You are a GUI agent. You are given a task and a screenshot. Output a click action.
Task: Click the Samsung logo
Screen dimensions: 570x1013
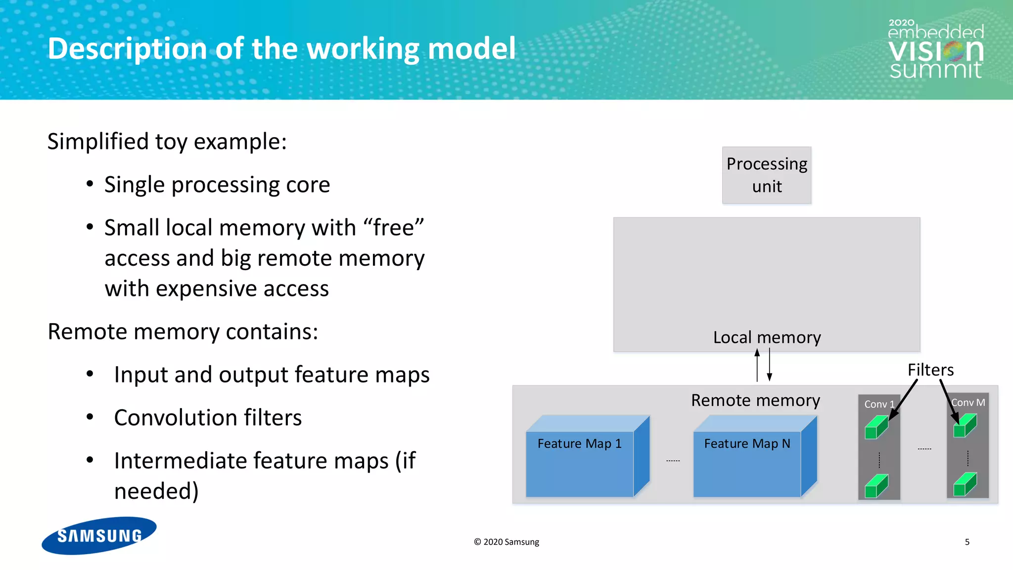coord(99,535)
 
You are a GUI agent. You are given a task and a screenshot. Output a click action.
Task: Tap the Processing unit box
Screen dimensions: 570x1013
coord(766,175)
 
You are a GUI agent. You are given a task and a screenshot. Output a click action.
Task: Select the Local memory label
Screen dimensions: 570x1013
coord(767,337)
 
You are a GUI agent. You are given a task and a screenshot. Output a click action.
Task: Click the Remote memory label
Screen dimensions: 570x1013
coord(755,400)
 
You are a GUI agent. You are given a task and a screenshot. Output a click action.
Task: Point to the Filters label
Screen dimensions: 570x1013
coord(930,370)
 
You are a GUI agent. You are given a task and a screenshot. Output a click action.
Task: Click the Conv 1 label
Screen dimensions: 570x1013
coord(878,404)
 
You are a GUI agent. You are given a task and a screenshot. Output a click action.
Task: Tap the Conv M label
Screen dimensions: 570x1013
coord(968,403)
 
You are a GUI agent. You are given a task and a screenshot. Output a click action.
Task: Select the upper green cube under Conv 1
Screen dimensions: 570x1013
coord(876,427)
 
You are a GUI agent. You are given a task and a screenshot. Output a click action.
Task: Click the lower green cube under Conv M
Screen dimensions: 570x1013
coord(965,484)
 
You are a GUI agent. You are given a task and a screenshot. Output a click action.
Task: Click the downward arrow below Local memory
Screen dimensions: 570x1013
coord(770,365)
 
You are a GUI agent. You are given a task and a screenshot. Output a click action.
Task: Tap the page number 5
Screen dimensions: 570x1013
coord(967,542)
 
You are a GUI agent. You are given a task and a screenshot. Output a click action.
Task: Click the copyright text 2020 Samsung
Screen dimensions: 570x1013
coord(506,542)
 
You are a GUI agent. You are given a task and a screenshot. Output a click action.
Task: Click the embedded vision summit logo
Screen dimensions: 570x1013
coord(935,49)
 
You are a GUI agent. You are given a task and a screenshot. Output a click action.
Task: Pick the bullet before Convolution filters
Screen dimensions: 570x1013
coord(90,417)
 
